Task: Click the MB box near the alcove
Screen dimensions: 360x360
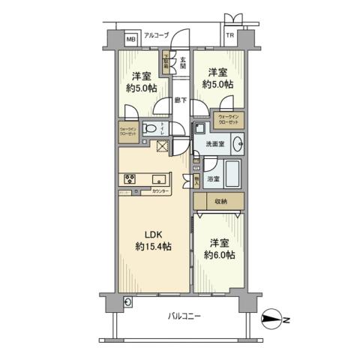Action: click(x=130, y=39)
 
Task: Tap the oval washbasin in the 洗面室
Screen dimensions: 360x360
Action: click(x=237, y=143)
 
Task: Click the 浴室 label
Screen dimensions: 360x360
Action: click(x=214, y=179)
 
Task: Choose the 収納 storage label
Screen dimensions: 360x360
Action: click(x=219, y=202)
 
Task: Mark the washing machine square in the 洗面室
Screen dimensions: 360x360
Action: click(x=199, y=127)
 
